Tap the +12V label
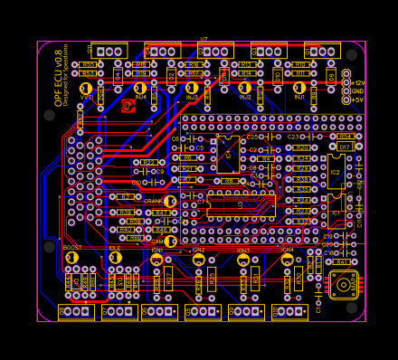(358, 82)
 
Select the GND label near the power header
(357, 91)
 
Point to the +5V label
(357, 99)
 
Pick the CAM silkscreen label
(156, 242)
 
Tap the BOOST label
(72, 247)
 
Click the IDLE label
(115, 247)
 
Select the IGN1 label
(157, 250)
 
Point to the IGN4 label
(288, 250)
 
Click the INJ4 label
(140, 97)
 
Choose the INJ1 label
(299, 97)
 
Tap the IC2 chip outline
(336, 172)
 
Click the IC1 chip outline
(336, 213)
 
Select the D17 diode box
(345, 147)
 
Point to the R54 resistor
(345, 137)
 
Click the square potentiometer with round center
(343, 285)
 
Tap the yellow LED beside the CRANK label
(170, 201)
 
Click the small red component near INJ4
(128, 106)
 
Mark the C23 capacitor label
(292, 137)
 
